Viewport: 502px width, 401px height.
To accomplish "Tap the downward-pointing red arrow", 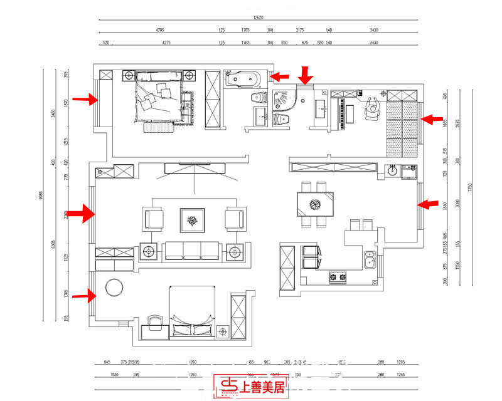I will pyautogui.click(x=305, y=75).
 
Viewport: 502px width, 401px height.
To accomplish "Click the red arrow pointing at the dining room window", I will pyautogui.click(x=429, y=204).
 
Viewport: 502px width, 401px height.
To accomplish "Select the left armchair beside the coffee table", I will pyautogui.click(x=154, y=219).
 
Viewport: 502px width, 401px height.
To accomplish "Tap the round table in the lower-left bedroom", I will pyautogui.click(x=115, y=288).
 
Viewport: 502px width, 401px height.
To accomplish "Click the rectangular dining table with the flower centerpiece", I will pyautogui.click(x=315, y=204).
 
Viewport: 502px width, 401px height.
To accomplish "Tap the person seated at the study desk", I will pyautogui.click(x=373, y=108).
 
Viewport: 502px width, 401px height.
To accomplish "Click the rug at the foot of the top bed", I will pyautogui.click(x=158, y=127).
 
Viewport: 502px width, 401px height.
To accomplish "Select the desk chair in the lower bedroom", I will pyautogui.click(x=154, y=323).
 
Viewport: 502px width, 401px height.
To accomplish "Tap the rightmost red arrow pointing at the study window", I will pyautogui.click(x=432, y=118).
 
